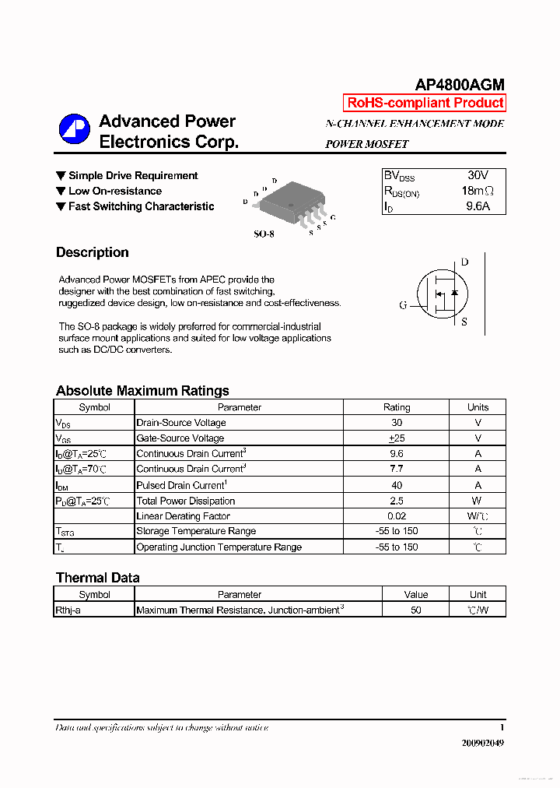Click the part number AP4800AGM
click(459, 85)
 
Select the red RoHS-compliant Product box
click(425, 103)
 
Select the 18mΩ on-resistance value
click(477, 192)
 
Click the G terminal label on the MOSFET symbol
click(403, 305)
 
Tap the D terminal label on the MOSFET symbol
click(464, 262)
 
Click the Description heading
click(93, 252)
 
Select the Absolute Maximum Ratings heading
click(142, 391)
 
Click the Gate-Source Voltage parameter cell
click(180, 438)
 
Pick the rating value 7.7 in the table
click(396, 469)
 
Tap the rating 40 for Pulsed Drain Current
click(396, 485)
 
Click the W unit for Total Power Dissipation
click(477, 501)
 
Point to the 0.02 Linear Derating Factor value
click(396, 516)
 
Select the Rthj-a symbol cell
click(68, 610)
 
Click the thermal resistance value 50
click(416, 610)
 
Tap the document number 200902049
click(482, 743)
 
